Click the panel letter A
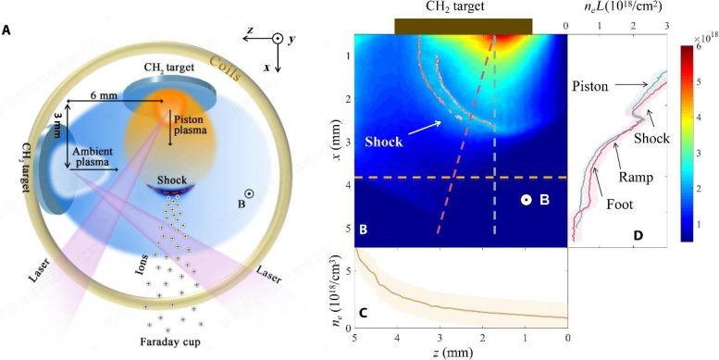[x=7, y=30]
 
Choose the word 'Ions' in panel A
[x=141, y=265]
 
